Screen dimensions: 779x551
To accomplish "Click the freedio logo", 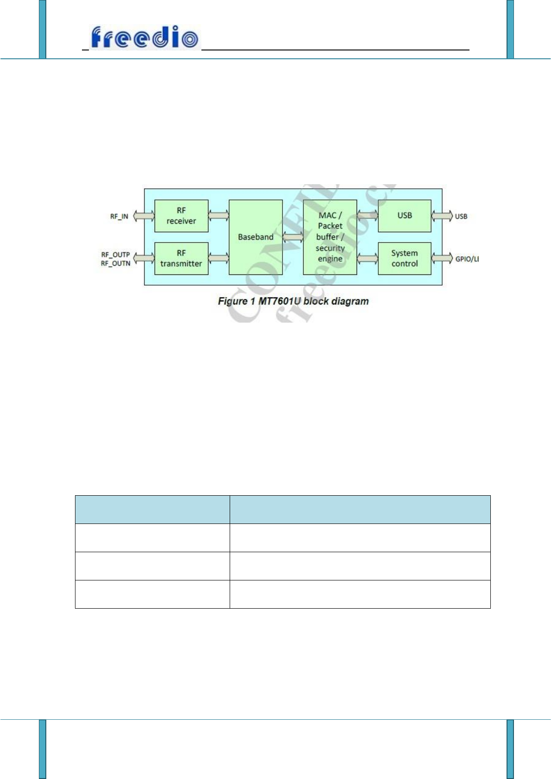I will (144, 37).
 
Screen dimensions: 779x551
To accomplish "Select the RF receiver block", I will (181, 216).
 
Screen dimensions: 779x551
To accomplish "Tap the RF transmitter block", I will (181, 258).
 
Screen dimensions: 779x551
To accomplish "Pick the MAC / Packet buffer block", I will (330, 237).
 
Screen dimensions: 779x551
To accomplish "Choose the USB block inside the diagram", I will (404, 216).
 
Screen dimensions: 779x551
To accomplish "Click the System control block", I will (404, 258).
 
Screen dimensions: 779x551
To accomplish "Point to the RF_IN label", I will (119, 216).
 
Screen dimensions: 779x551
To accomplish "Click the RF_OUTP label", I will (115, 255).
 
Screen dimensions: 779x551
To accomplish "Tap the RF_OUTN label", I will (115, 263).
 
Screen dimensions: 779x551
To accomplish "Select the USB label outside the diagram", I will (461, 216).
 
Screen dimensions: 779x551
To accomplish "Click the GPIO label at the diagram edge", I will (466, 259).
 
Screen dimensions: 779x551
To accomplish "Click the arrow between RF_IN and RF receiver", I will (144, 216).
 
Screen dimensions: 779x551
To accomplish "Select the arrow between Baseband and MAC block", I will (293, 237).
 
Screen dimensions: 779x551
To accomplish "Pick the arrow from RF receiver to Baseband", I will (219, 215).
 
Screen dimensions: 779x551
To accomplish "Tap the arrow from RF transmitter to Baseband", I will (219, 258).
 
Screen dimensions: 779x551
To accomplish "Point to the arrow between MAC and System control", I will (367, 258).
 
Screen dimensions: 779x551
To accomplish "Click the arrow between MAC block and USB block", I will (367, 215).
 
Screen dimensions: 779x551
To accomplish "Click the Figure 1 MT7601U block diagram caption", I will (293, 301).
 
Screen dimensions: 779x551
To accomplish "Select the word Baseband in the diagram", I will (256, 237).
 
